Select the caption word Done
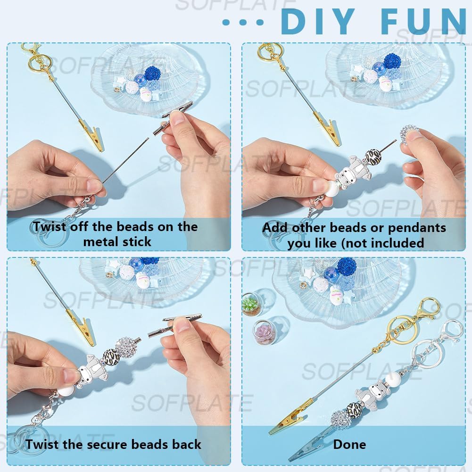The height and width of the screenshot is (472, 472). pos(349,444)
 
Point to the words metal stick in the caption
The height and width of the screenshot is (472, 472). pos(117,241)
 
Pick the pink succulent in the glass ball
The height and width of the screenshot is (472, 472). pos(264,332)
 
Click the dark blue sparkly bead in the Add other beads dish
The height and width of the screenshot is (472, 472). pos(392,61)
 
